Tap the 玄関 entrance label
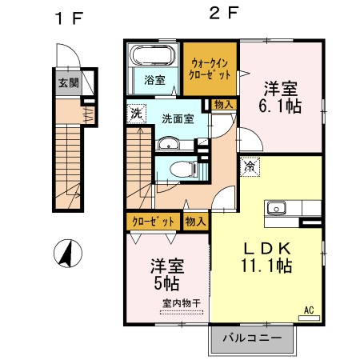[68, 82]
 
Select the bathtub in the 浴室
[152, 58]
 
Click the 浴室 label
[154, 80]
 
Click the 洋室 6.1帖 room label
[280, 97]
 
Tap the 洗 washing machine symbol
[136, 113]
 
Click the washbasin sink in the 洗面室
[169, 145]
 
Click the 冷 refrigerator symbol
[250, 167]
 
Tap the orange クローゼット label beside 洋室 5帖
[152, 221]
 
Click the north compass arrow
[66, 254]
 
